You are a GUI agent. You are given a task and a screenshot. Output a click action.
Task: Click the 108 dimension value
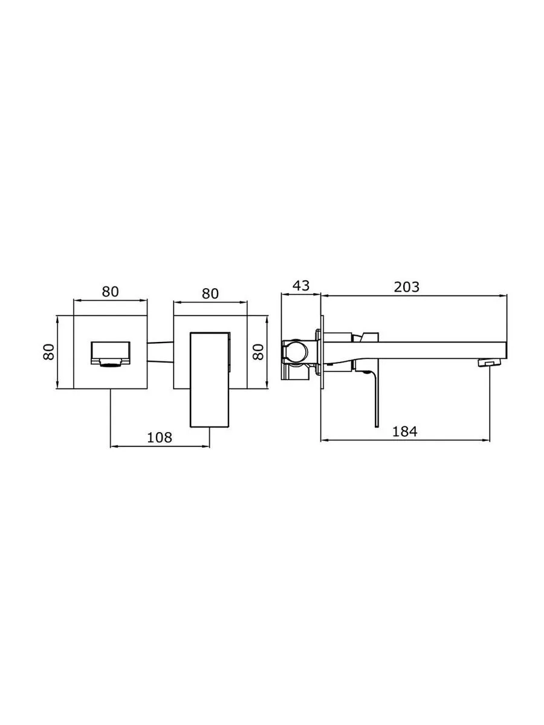coord(159,437)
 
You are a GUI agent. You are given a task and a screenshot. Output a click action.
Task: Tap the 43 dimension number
coord(301,285)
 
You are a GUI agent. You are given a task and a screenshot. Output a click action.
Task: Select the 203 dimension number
coord(407,287)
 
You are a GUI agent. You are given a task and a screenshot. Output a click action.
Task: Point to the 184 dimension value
coord(404,431)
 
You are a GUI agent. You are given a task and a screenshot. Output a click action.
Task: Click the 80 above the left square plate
coord(110,292)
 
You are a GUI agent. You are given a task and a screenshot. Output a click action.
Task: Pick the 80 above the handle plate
coord(210,294)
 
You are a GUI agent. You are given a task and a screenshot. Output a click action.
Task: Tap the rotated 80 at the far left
coord(48,352)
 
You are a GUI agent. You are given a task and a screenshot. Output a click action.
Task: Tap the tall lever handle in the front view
coord(210,380)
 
